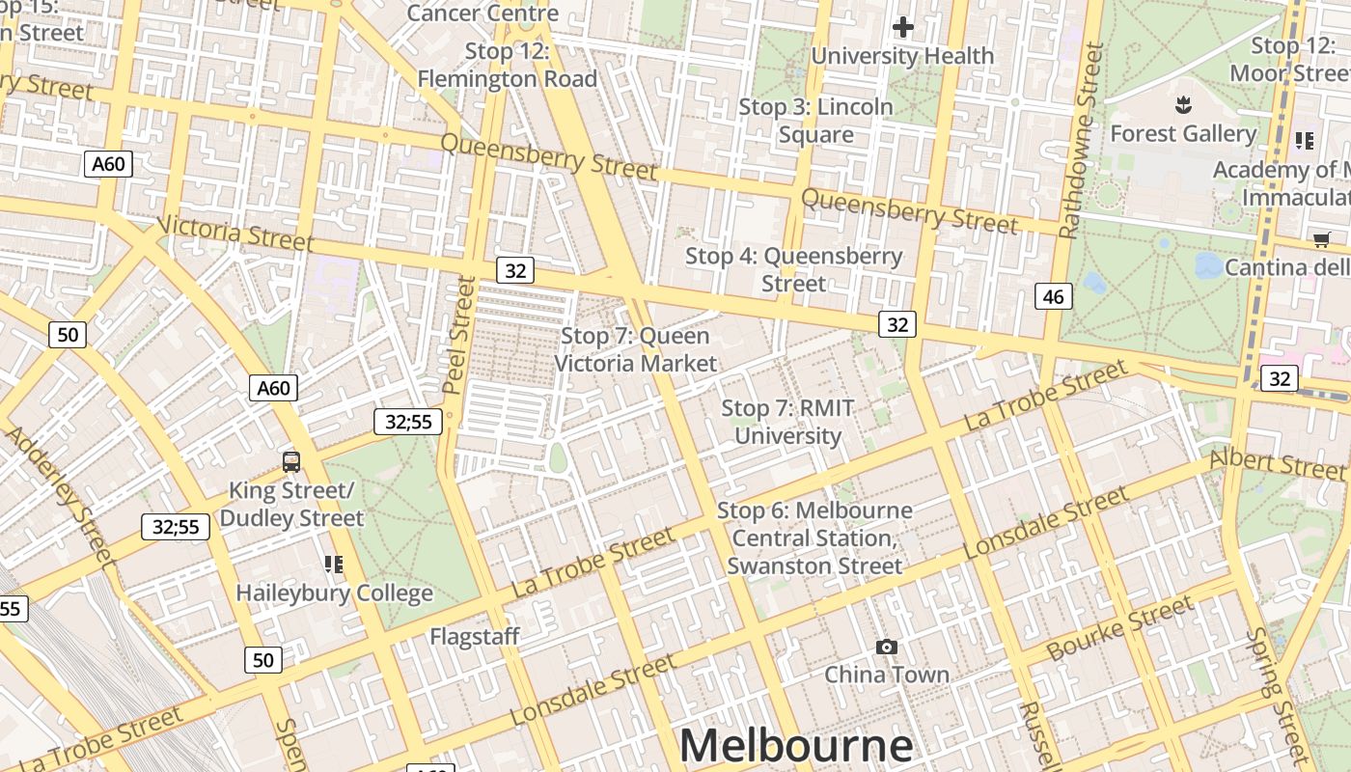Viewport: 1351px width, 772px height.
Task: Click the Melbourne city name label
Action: tap(795, 746)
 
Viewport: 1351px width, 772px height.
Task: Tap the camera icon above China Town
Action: tap(886, 647)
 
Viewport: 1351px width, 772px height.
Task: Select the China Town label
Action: tap(886, 674)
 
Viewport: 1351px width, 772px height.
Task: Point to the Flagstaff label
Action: tap(474, 637)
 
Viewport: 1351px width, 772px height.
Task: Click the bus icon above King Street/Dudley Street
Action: tap(291, 462)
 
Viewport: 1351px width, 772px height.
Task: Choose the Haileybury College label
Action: tap(334, 593)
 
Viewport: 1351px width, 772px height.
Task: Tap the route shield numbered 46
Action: tap(1053, 296)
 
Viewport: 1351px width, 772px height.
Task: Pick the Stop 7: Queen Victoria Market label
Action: tap(635, 349)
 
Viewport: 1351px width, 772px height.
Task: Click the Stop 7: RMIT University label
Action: tap(787, 422)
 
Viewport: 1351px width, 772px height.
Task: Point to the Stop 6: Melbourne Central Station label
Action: tap(814, 538)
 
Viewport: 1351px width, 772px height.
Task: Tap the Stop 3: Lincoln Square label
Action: tap(815, 121)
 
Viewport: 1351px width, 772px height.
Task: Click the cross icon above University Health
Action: tap(902, 27)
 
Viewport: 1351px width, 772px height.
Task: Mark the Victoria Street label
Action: tap(234, 234)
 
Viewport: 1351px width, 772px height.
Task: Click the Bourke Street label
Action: tap(1119, 629)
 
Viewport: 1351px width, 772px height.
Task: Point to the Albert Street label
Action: tap(1276, 462)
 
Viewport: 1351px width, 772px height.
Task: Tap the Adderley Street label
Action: tap(60, 494)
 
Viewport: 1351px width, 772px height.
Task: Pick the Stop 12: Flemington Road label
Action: tap(507, 65)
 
